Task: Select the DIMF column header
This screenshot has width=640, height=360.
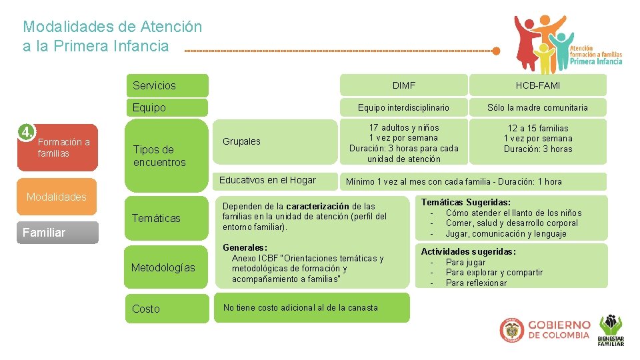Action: pyautogui.click(x=403, y=85)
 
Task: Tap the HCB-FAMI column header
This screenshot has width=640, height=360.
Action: pyautogui.click(x=537, y=85)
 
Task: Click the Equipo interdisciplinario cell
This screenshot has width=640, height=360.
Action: pyautogui.click(x=403, y=107)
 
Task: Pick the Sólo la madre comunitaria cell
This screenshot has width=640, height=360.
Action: pyautogui.click(x=537, y=107)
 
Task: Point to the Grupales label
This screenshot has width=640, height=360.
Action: pyautogui.click(x=241, y=141)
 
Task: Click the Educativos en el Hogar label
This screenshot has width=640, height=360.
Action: pyautogui.click(x=268, y=180)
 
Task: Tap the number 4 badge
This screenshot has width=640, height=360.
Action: pyautogui.click(x=26, y=132)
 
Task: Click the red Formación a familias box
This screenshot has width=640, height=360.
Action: pyautogui.click(x=63, y=148)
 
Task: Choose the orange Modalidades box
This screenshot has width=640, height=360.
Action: pyautogui.click(x=57, y=197)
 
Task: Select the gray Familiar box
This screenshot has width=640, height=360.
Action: pyautogui.click(x=57, y=233)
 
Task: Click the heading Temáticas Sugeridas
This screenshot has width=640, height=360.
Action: pyautogui.click(x=465, y=202)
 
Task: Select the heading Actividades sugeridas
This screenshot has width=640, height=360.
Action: pyautogui.click(x=468, y=251)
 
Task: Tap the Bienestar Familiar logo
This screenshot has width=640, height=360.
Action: pyautogui.click(x=611, y=331)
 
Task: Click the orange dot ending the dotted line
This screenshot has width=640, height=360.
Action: pyautogui.click(x=495, y=51)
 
